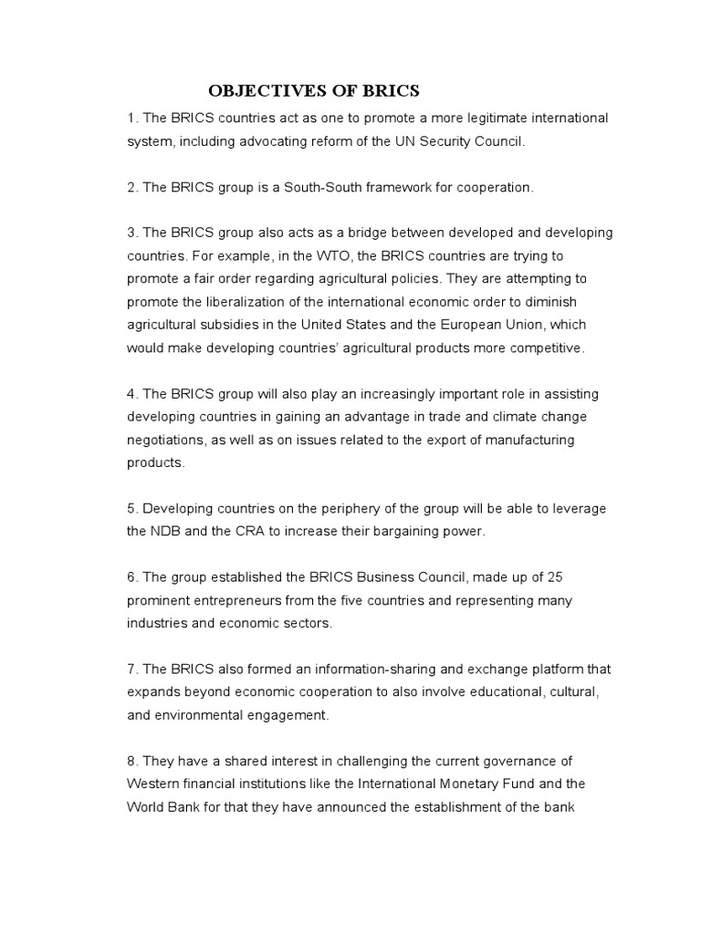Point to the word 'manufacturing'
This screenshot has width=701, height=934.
click(x=529, y=440)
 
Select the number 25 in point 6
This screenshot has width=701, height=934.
click(x=563, y=577)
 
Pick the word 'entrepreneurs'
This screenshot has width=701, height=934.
click(x=229, y=600)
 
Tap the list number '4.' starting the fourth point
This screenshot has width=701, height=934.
click(x=132, y=393)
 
